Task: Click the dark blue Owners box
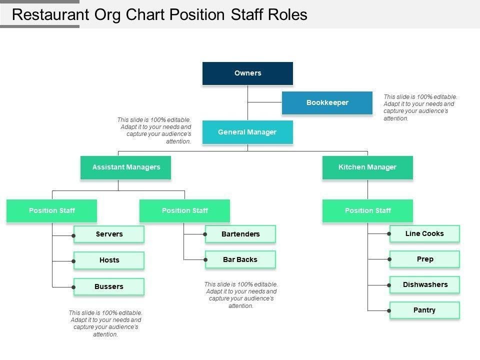point(247,73)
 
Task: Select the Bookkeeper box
point(327,103)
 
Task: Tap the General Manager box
point(247,132)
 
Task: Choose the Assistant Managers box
point(126,167)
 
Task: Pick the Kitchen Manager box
point(367,167)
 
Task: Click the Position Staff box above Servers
point(51,211)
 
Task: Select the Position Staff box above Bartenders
point(184,211)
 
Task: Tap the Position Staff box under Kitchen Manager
point(367,211)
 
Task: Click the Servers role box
point(109,234)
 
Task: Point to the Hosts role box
point(109,260)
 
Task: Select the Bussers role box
point(109,286)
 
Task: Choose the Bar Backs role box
point(240,259)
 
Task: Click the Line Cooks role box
point(424,233)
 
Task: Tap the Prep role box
point(424,259)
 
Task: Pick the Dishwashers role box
point(424,284)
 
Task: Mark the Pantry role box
point(424,310)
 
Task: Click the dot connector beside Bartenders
point(205,234)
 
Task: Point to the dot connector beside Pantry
point(389,310)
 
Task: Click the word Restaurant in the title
point(50,14)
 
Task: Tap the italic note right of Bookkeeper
point(420,107)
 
